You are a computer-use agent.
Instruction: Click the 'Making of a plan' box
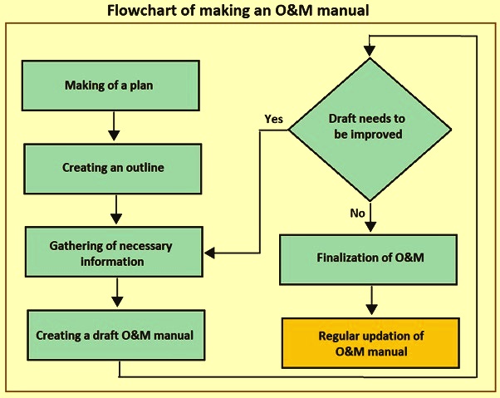coord(110,86)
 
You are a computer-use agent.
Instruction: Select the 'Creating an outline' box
coord(113,169)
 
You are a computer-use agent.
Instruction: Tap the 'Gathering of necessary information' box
coord(114,252)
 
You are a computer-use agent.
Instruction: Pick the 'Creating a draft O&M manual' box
coord(116,335)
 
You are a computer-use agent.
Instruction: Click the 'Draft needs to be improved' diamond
coord(370,130)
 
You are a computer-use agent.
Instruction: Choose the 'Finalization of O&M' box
coord(368,259)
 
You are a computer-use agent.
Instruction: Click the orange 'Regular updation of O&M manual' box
coord(370,343)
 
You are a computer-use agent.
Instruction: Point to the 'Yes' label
coord(273,119)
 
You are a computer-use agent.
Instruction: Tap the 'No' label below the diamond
coord(357,213)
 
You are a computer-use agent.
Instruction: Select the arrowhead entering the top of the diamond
coord(370,51)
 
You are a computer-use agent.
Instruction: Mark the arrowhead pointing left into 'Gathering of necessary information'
coord(209,253)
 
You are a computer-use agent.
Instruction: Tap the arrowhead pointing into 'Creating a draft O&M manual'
coord(118,302)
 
